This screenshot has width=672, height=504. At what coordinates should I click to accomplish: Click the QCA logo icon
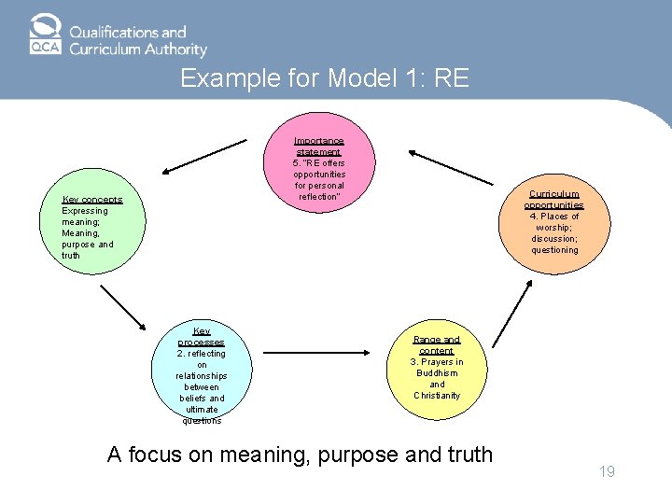pyautogui.click(x=44, y=35)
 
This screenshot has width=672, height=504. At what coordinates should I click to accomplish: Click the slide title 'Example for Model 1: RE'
pyautogui.click(x=324, y=78)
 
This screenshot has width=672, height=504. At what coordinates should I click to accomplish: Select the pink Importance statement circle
pyautogui.click(x=319, y=168)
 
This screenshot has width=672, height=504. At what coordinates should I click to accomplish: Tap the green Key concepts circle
pyautogui.click(x=92, y=226)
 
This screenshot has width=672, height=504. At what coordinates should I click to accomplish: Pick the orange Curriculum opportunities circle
pyautogui.click(x=554, y=222)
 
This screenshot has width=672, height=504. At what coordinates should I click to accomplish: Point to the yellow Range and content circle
pyautogui.click(x=437, y=368)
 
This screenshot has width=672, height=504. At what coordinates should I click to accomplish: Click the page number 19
pyautogui.click(x=607, y=472)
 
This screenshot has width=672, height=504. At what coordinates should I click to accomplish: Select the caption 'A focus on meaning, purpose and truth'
pyautogui.click(x=300, y=455)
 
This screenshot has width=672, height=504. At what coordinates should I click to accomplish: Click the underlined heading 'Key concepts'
pyautogui.click(x=92, y=200)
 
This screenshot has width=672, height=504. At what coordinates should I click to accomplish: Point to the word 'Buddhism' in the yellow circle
pyautogui.click(x=437, y=373)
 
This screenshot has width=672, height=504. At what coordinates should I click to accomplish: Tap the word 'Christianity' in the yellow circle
pyautogui.click(x=437, y=396)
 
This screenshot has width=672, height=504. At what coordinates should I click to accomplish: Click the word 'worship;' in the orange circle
pyautogui.click(x=554, y=228)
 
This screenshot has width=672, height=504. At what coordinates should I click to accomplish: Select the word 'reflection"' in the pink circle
pyautogui.click(x=319, y=197)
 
